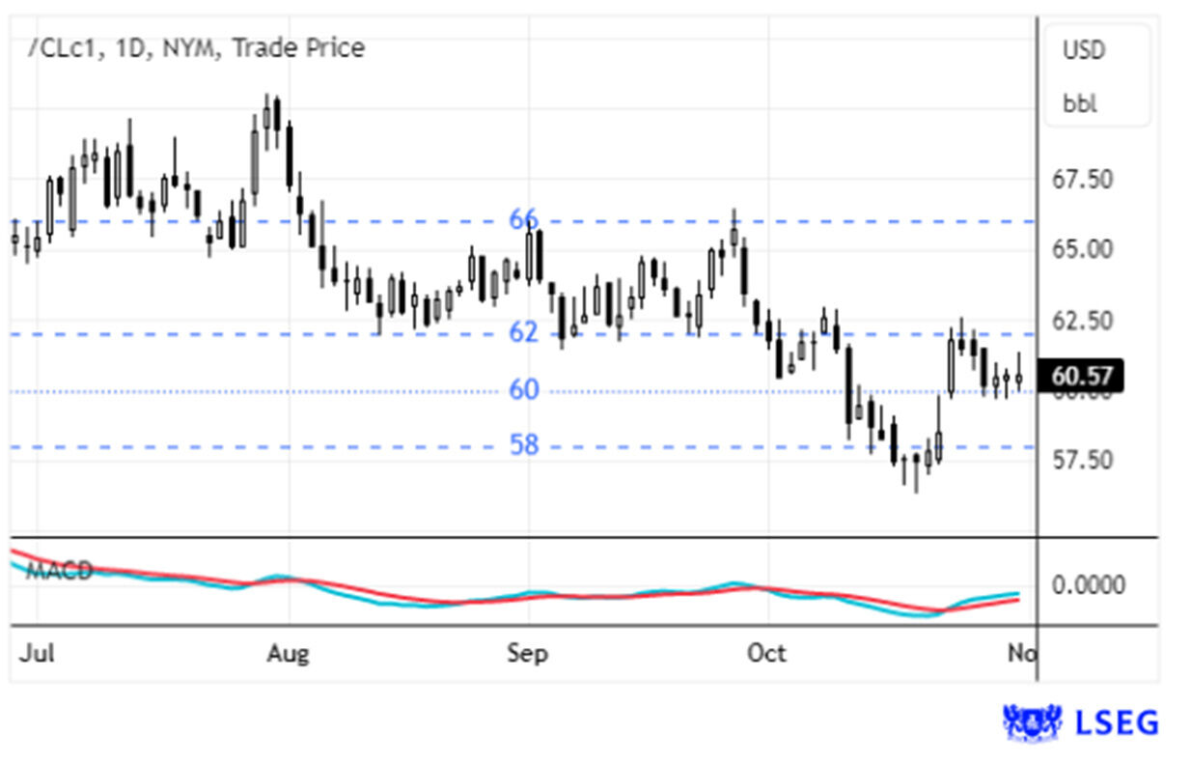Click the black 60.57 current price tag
click(x=1080, y=373)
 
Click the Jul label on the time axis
click(x=36, y=654)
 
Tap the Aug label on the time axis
click(x=288, y=654)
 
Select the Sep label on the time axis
click(x=527, y=654)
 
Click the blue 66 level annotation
click(x=523, y=220)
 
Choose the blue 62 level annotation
click(x=523, y=333)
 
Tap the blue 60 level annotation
click(x=524, y=389)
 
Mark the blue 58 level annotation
click(x=524, y=445)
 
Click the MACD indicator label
click(x=59, y=571)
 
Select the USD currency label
click(x=1084, y=50)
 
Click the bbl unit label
click(x=1080, y=104)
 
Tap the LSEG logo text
click(x=1118, y=722)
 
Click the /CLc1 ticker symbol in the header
click(x=62, y=48)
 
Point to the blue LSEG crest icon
click(x=1032, y=722)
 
